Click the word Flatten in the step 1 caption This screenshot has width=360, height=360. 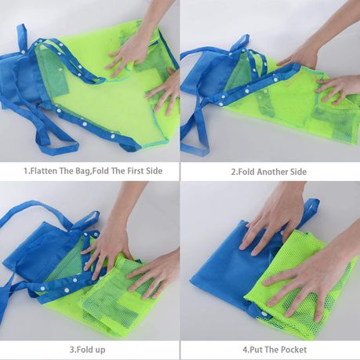pyautogui.click(x=43, y=171)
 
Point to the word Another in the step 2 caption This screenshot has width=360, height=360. pyautogui.click(x=272, y=172)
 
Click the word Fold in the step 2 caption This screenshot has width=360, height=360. pyautogui.click(x=245, y=172)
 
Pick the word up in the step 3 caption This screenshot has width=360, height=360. pyautogui.click(x=100, y=350)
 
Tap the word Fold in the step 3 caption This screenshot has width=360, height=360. pyautogui.click(x=84, y=350)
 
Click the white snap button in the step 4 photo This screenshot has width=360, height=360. pyautogui.click(x=264, y=314)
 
